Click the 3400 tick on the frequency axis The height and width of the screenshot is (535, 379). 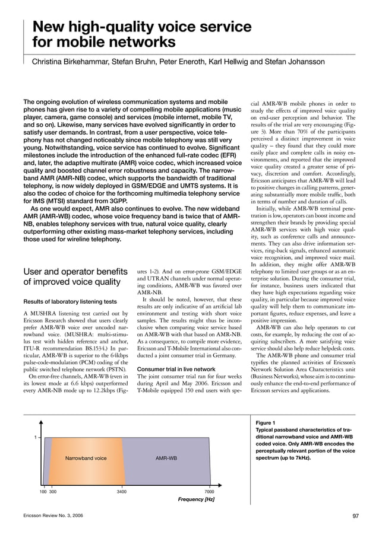(121, 492)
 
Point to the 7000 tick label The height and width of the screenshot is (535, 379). (209, 492)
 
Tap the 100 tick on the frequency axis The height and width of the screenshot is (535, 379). (43, 492)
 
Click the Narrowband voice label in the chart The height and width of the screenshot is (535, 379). (86, 458)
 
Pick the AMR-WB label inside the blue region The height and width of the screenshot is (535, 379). (166, 458)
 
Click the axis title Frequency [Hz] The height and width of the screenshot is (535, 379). (196, 499)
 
